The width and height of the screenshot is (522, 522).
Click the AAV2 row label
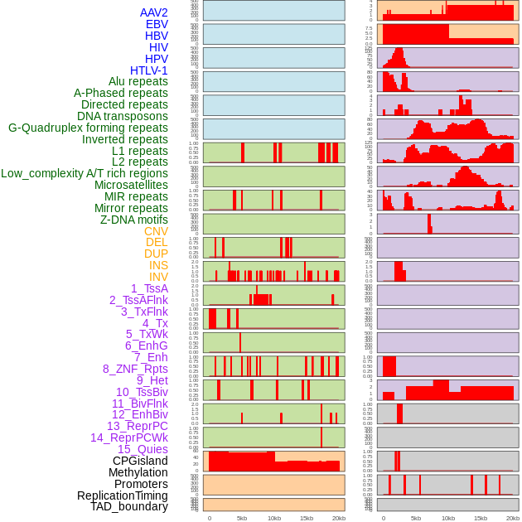pos(153,12)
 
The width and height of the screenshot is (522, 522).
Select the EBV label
pos(157,24)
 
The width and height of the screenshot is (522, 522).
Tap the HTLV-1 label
pos(148,70)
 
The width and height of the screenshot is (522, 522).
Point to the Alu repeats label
pos(138,81)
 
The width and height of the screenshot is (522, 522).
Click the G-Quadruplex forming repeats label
pos(88,128)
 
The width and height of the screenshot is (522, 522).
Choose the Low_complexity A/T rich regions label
pos(85,173)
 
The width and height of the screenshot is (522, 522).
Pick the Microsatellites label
pos(131,185)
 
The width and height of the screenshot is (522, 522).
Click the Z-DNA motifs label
pos(134,220)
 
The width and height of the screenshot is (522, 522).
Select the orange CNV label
pos(156,231)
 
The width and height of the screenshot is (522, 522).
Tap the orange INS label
pos(158,265)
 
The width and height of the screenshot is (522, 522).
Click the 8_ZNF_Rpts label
pos(135,369)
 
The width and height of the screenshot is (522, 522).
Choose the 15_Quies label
pos(142,449)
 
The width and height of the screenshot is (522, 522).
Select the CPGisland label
pos(140,461)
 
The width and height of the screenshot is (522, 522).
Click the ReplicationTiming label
pos(122,495)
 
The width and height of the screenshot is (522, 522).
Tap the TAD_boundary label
pos(128,506)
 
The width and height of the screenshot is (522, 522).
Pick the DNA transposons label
pos(123,116)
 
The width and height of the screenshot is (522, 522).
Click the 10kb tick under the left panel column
pos(274,518)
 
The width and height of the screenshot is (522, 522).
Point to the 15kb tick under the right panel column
pos(481,518)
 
